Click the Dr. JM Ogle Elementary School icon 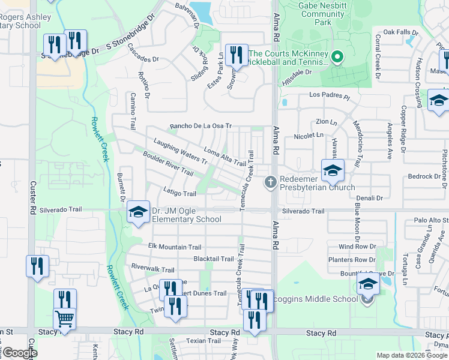(x=138, y=212)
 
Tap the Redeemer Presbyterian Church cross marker (x=271, y=181)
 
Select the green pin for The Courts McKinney (x=337, y=58)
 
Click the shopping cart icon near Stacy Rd (x=65, y=318)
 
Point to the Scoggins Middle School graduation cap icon (x=368, y=284)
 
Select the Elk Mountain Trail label (x=175, y=247)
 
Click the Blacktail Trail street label (x=213, y=259)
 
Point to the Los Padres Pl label (x=329, y=95)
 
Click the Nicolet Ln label (x=309, y=136)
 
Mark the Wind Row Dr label (x=357, y=247)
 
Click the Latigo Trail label (x=179, y=193)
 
